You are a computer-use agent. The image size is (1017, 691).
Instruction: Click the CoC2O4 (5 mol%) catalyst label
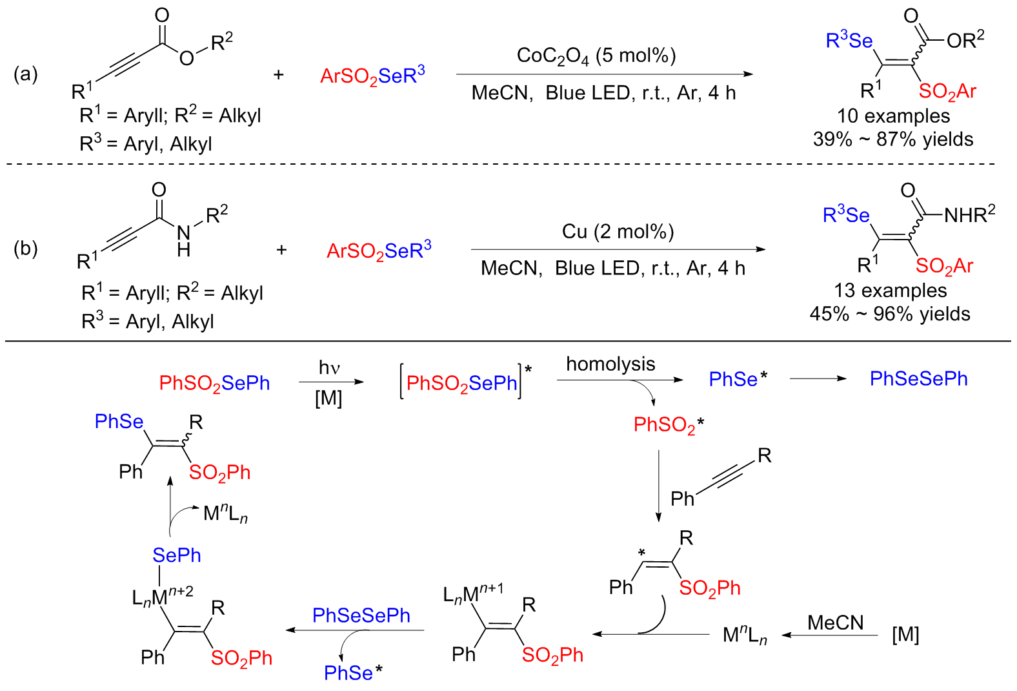coord(596,56)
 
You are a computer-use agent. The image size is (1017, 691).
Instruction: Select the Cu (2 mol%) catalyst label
coord(618,231)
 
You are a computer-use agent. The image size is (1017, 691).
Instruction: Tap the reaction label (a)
coord(26,74)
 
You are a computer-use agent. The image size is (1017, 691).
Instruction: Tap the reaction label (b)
coord(26,249)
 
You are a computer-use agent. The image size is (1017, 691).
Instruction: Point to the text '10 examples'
coord(893,116)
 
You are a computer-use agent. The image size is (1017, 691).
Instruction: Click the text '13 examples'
coord(891,291)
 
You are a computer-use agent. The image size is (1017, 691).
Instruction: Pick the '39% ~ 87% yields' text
coord(893,139)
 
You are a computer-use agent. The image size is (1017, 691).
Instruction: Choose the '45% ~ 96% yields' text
coord(890,315)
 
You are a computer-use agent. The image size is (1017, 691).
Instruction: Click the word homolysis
coord(610,364)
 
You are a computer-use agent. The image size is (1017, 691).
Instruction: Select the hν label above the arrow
coord(329,368)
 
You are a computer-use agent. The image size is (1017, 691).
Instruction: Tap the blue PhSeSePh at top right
coord(918,379)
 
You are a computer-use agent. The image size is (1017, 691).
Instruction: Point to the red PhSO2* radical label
coord(669,425)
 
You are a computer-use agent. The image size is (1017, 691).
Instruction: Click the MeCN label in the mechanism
coord(835,623)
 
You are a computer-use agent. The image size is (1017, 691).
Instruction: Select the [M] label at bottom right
coord(905,635)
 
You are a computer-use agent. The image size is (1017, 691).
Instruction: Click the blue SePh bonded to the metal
coord(176,555)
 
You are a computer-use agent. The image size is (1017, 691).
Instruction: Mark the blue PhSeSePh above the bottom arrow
coord(361,615)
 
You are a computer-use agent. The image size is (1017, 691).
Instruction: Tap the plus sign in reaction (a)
coord(278,75)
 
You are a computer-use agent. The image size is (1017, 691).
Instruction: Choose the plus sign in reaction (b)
coord(281,250)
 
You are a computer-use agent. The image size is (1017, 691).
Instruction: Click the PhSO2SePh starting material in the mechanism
coord(214,383)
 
